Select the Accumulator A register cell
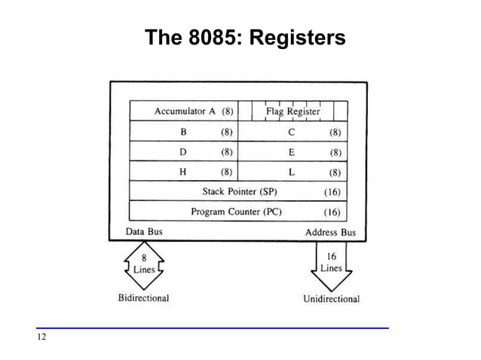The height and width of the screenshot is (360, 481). click(185, 111)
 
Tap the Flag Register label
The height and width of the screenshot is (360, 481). click(293, 111)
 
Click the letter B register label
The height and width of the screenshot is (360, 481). click(183, 132)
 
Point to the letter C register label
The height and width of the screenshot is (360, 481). click(291, 132)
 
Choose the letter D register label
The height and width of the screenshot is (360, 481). click(183, 151)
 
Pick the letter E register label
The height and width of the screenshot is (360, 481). click(291, 151)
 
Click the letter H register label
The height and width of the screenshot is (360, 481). click(183, 171)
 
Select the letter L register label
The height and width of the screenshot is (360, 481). click(291, 171)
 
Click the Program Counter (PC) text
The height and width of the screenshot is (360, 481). click(236, 211)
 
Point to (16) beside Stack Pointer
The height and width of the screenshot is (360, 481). click(332, 191)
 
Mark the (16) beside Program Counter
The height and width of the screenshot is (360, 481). click(332, 212)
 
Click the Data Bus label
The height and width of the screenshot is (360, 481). click(143, 232)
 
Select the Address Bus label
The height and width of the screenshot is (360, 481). click(330, 232)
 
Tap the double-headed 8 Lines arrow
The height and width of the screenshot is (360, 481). click(144, 265)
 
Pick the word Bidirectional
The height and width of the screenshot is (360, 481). click(143, 297)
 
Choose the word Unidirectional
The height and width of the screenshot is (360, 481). click(331, 298)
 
